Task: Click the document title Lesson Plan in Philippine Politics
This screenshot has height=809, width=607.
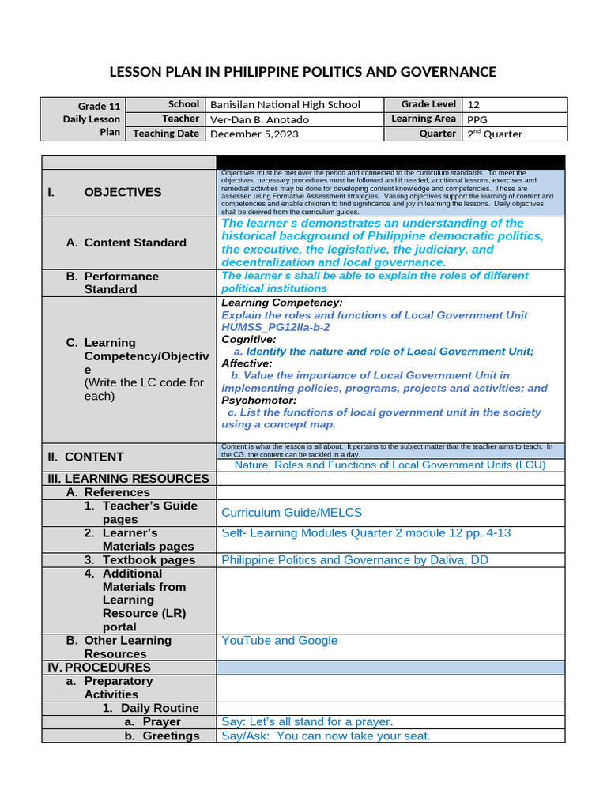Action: click(303, 72)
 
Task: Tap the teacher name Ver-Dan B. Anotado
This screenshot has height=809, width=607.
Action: click(259, 119)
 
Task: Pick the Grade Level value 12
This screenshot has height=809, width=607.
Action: click(473, 104)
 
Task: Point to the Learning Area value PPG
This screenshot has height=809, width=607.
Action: click(477, 119)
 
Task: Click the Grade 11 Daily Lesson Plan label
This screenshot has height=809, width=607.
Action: click(92, 119)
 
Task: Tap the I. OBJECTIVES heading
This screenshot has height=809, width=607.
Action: click(123, 192)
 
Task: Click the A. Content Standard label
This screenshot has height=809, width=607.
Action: click(126, 243)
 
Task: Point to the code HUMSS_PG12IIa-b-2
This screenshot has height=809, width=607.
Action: click(276, 327)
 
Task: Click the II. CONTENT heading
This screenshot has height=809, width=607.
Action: click(95, 457)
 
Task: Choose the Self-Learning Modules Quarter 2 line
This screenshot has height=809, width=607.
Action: click(366, 533)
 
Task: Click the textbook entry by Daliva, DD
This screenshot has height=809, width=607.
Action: click(355, 560)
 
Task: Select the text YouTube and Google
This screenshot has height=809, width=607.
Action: click(280, 641)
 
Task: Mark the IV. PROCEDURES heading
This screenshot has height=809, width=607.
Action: click(99, 668)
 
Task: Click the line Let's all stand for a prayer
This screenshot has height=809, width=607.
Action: click(307, 722)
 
